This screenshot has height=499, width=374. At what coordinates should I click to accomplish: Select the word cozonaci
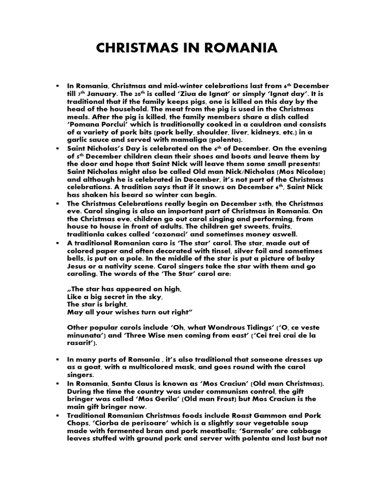tap(167, 234)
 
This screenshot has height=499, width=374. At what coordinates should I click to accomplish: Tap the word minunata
tap(87, 336)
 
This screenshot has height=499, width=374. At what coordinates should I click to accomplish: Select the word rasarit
tap(82, 344)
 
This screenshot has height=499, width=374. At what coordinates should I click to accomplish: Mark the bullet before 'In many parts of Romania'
tap(57, 360)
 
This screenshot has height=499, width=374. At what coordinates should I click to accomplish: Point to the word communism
tap(218, 391)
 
